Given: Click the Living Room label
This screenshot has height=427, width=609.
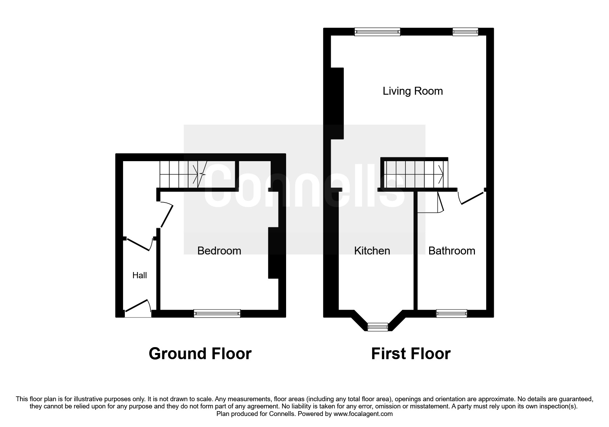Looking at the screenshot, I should [413, 91].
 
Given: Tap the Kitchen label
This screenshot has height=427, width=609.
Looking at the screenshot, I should [372, 251].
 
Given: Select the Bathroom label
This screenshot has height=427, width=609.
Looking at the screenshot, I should [452, 251].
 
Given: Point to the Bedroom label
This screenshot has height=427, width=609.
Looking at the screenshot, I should [219, 251].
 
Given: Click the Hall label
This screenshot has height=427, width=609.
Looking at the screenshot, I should [140, 275].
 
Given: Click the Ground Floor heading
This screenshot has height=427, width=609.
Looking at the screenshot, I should [200, 354].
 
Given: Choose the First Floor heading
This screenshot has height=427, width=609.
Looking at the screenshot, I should [411, 354].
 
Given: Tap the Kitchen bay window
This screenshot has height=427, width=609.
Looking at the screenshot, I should [378, 327].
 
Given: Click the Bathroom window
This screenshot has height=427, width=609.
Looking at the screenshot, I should [452, 313].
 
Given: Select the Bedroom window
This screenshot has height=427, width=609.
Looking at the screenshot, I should [217, 313].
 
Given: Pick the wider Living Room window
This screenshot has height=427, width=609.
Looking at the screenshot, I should [378, 32].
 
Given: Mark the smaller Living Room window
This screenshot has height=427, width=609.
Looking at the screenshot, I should [465, 32].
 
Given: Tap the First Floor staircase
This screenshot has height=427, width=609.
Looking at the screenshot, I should [414, 174].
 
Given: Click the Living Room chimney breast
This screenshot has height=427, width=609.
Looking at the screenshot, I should [337, 103].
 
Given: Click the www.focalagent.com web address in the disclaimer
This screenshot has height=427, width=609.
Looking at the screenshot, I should [363, 414].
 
